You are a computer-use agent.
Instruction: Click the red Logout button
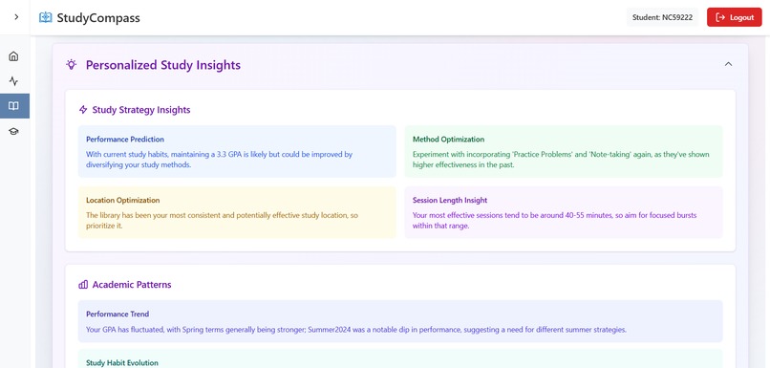[x=734, y=17]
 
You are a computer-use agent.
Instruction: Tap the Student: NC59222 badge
[x=663, y=17]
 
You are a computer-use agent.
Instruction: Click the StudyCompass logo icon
[x=46, y=17]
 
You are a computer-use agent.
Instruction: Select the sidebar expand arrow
[x=15, y=17]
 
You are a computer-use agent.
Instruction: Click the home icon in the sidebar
[x=13, y=56]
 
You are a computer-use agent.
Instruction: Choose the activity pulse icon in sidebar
[x=13, y=81]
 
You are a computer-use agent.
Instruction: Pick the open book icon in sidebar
[x=13, y=106]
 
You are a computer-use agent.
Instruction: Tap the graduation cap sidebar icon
[x=13, y=131]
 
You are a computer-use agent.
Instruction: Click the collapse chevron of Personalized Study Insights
[x=728, y=64]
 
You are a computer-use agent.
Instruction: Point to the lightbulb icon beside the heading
[x=71, y=65]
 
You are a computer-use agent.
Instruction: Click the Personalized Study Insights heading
[x=162, y=65]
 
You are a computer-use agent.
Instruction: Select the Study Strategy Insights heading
[x=140, y=110]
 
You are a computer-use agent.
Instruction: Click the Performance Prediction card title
[x=125, y=140]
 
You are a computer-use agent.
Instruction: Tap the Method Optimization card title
[x=448, y=140]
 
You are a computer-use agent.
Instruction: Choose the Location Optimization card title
[x=122, y=201]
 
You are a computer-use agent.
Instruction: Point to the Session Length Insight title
[x=450, y=201]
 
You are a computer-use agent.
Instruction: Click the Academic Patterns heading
[x=131, y=285]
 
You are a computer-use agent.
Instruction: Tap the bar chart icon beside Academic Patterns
[x=83, y=285]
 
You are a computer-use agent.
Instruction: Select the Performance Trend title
[x=117, y=314]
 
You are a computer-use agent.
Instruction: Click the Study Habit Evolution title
[x=121, y=363]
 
